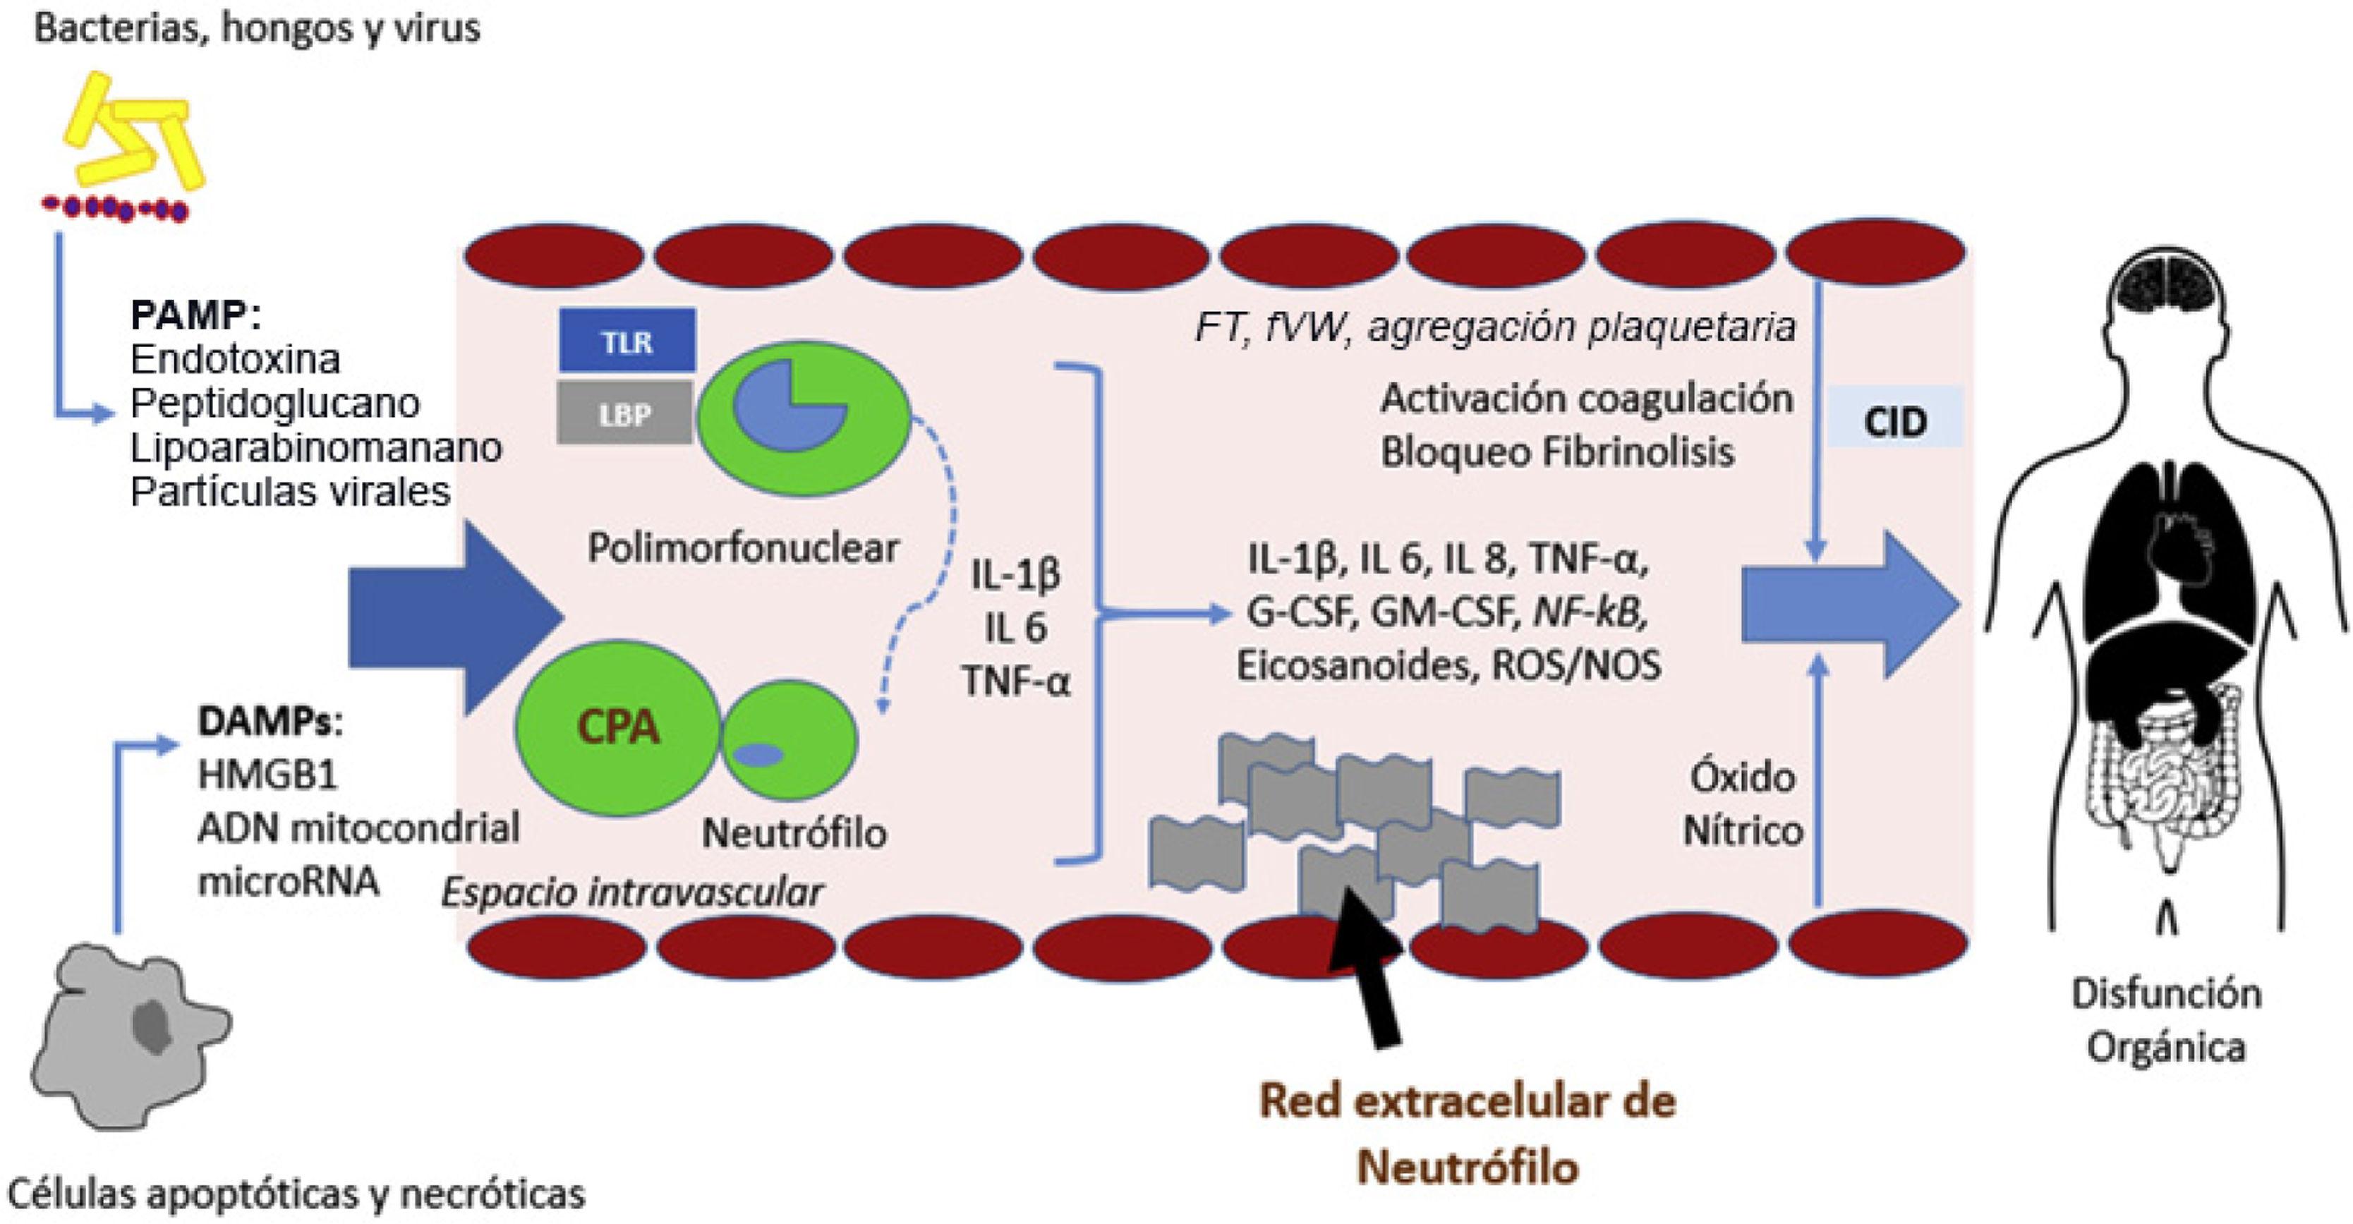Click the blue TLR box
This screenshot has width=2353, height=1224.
point(627,341)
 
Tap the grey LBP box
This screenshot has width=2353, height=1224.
point(625,414)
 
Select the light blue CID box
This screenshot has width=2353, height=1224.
point(1894,422)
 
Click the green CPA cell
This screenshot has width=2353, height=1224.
point(617,727)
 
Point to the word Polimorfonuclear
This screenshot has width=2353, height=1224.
point(743,548)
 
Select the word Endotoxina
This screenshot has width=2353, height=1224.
point(236,359)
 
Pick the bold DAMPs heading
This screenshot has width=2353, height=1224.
point(270,722)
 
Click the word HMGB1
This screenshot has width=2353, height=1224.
point(267,775)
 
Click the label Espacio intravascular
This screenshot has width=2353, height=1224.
point(632,892)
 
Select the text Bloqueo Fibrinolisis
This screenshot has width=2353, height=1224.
point(1556,452)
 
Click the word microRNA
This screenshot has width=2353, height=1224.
point(288,881)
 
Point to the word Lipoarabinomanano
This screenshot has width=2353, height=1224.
point(316,447)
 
